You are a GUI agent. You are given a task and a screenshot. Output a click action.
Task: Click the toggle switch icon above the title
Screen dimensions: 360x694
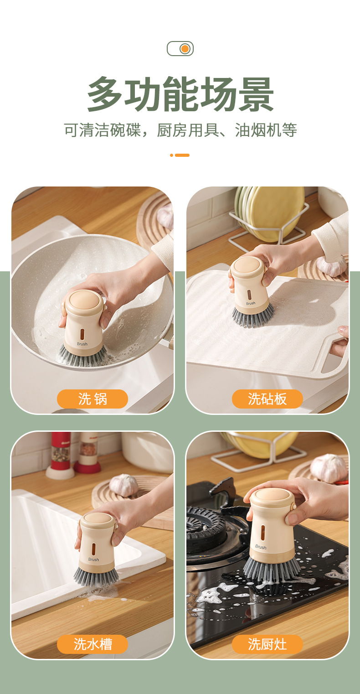click(x=180, y=49)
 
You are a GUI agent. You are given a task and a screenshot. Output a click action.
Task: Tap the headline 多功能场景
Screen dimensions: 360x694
click(x=180, y=94)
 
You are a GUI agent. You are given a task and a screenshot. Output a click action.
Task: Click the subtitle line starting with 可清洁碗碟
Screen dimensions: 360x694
click(x=180, y=130)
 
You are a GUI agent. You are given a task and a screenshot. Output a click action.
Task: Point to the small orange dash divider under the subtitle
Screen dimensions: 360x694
click(x=180, y=155)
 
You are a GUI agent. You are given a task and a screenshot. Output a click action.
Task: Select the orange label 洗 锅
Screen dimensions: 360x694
click(x=93, y=399)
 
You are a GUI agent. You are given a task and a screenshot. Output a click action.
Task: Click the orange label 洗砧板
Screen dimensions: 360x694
click(x=267, y=399)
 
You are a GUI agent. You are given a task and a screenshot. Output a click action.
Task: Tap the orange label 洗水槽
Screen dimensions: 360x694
click(x=93, y=644)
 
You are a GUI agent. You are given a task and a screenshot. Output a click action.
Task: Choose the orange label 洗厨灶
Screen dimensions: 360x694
click(x=267, y=644)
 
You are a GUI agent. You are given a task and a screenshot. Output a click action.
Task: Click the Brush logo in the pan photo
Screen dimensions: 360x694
click(x=82, y=344)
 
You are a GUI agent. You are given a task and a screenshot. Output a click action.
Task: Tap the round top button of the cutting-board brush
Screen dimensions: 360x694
click(x=247, y=265)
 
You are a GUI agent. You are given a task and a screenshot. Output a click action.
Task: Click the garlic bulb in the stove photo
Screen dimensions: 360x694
click(x=328, y=467)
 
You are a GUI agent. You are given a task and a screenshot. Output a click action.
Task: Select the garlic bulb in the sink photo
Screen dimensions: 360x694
click(x=123, y=485)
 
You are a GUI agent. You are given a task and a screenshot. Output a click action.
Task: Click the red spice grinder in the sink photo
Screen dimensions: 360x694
click(x=60, y=452)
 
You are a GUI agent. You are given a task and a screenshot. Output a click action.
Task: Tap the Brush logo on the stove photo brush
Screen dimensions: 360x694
click(x=261, y=547)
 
